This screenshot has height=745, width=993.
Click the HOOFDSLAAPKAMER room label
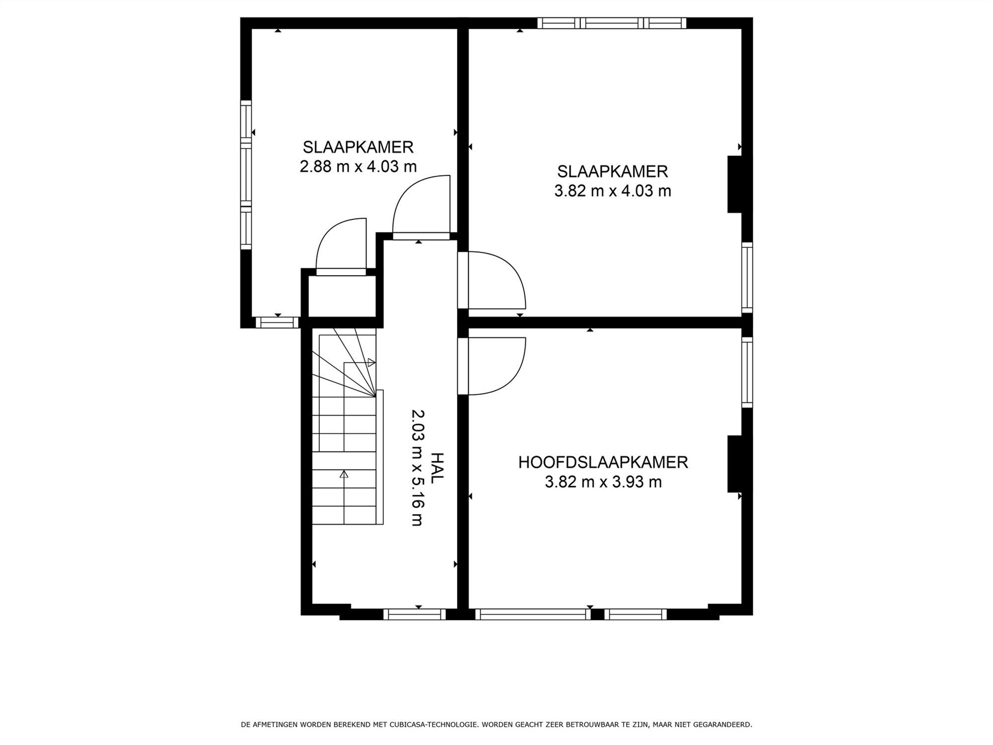(603, 462)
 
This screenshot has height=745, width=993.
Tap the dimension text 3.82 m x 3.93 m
(603, 482)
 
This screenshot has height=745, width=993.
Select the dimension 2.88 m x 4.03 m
(358, 166)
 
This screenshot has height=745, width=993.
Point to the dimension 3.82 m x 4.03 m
(613, 191)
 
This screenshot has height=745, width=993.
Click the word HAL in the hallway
(436, 468)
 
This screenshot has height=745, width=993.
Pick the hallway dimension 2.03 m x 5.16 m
(418, 467)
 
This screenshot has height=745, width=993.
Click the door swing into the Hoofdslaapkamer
(496, 366)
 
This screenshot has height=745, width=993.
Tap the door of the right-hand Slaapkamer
(496, 281)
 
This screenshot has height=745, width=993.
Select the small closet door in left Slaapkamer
(341, 246)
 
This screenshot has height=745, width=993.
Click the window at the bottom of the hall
(415, 614)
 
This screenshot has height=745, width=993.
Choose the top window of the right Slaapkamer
(612, 23)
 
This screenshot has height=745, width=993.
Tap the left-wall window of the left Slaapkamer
(246, 175)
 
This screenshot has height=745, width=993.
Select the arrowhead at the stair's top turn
(371, 363)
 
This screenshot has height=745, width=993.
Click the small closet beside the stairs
(342, 296)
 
